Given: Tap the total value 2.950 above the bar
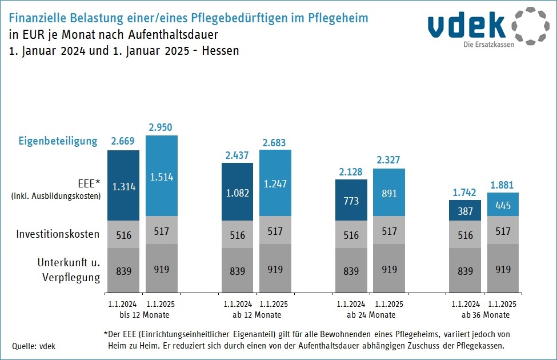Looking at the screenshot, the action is (x=160, y=127).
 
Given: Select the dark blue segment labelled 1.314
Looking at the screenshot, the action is (x=123, y=185).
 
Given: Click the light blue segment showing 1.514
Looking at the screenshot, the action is (x=162, y=175).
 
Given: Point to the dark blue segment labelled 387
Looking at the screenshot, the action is (x=465, y=210).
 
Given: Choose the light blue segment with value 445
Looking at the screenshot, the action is (x=503, y=205).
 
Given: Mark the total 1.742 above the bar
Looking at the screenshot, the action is (x=464, y=192).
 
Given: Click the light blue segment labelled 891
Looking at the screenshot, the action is (x=389, y=192).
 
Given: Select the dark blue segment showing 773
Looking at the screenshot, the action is (x=351, y=200).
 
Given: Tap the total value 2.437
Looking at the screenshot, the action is (x=237, y=155).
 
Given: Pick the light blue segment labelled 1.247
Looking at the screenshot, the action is (x=275, y=183).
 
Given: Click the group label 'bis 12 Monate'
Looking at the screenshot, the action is (x=144, y=315).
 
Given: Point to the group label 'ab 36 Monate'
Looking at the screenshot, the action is (x=486, y=315).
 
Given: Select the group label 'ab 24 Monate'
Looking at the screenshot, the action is (x=371, y=315).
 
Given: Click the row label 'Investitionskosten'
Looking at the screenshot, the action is (x=58, y=234).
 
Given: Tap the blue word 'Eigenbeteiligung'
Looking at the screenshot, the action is (x=58, y=141).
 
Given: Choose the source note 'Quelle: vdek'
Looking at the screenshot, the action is (x=34, y=346).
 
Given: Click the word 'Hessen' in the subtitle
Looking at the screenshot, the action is (x=221, y=50).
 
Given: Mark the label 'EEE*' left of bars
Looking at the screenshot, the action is (x=89, y=183).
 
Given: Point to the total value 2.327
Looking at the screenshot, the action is (x=388, y=160).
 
